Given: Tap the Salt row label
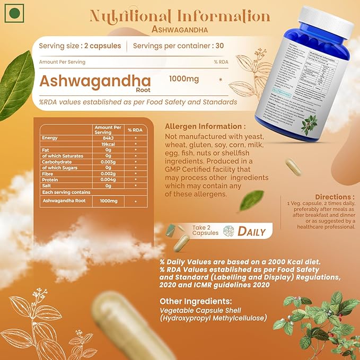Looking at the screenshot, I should click(x=47, y=186).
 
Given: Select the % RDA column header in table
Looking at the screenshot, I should click(x=136, y=130).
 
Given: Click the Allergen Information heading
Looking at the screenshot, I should click(x=205, y=127).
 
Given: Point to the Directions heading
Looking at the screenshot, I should click(x=335, y=197).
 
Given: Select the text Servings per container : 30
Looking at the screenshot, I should click(x=178, y=46).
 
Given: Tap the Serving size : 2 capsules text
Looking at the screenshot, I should click(x=80, y=46).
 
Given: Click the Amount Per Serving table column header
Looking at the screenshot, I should click(x=108, y=130).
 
